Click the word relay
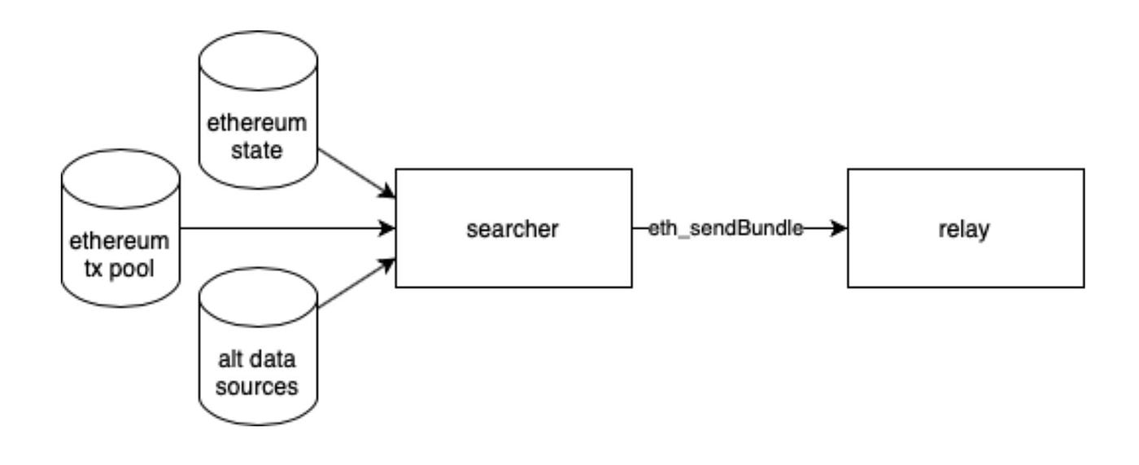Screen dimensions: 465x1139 coord(966,230)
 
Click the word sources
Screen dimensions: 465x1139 coord(258,385)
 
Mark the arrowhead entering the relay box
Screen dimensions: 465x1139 coord(838,230)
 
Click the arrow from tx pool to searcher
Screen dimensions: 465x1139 coord(285,229)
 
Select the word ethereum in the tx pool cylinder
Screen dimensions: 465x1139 coord(121,241)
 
